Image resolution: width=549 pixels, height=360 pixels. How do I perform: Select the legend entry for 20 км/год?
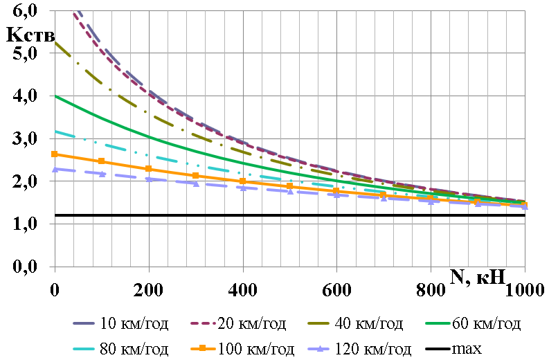[x=240, y=323]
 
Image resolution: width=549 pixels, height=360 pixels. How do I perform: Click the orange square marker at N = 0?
[x=55, y=154]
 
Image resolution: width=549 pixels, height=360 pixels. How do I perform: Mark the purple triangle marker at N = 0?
[x=55, y=168]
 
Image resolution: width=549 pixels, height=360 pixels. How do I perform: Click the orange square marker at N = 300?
[x=196, y=176]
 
